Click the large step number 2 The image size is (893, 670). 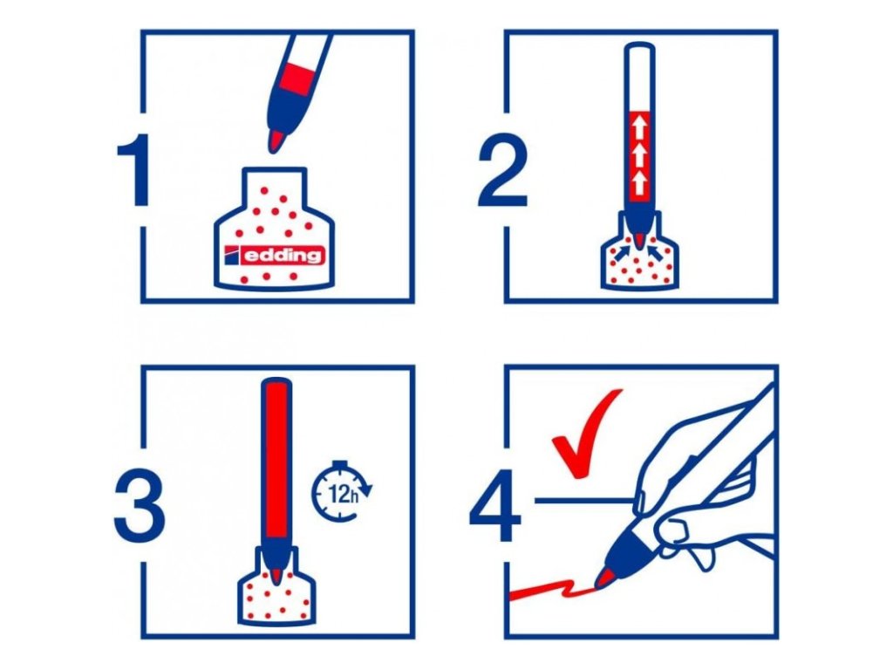click(x=502, y=170)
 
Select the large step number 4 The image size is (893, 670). click(x=494, y=504)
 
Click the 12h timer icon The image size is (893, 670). click(x=341, y=491)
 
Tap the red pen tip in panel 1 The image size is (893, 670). click(x=276, y=140)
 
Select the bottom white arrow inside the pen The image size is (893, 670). click(x=639, y=182)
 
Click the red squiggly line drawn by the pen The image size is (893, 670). click(x=552, y=589)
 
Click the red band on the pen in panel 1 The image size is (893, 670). click(x=297, y=79)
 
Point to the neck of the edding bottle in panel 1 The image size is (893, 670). click(x=275, y=185)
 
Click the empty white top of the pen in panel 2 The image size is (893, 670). click(x=639, y=77)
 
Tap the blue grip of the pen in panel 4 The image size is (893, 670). click(x=631, y=546)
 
